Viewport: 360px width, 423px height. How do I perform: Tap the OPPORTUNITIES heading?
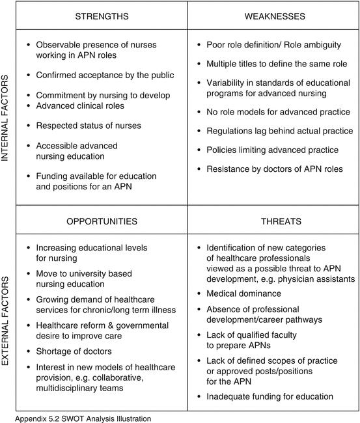[102, 221]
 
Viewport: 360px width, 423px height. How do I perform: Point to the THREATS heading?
[273, 221]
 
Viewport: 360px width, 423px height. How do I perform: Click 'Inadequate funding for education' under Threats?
[270, 396]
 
